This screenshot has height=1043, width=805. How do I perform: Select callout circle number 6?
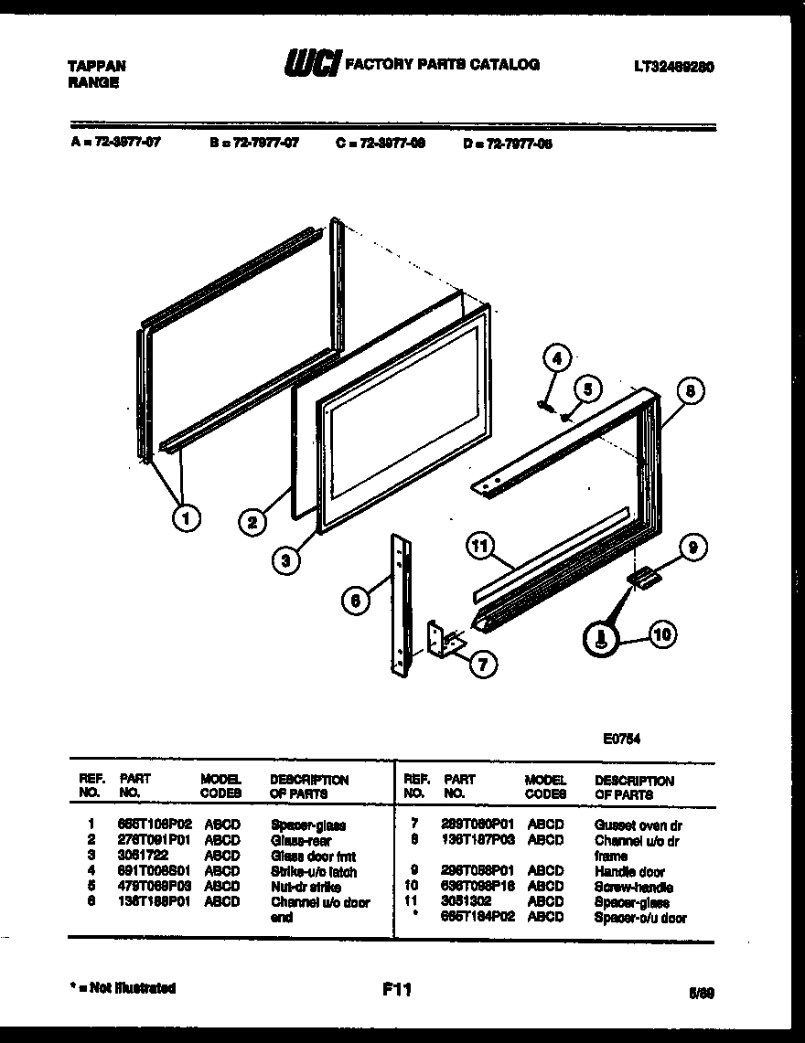point(355,600)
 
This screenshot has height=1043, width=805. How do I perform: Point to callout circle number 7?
point(482,664)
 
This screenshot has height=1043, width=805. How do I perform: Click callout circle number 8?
point(692,390)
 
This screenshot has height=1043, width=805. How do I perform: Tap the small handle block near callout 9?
point(643,578)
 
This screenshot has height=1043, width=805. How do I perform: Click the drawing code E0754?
point(621,740)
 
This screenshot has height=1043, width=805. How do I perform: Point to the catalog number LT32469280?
point(673,67)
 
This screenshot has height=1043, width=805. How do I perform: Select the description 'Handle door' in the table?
point(629,871)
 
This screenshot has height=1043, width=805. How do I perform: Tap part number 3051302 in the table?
point(466,901)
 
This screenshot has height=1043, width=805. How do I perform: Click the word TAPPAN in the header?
point(96,66)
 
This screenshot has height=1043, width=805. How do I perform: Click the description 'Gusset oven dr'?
point(638,825)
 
